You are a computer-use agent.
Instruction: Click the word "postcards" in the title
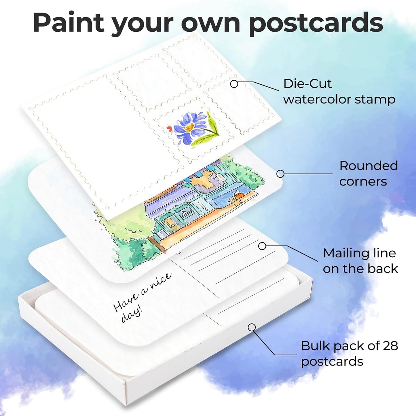tap(316, 23)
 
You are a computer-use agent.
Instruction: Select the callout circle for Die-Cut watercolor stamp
tap(234, 84)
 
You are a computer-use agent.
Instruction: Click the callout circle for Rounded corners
tap(280, 174)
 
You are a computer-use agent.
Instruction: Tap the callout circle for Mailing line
tap(262, 246)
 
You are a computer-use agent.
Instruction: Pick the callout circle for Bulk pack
tap(252, 327)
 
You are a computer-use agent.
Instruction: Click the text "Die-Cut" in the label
tap(307, 84)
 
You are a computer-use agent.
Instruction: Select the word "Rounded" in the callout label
tap(368, 166)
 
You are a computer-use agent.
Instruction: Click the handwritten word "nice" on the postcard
tap(160, 281)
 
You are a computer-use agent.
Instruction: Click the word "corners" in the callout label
tap(363, 181)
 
